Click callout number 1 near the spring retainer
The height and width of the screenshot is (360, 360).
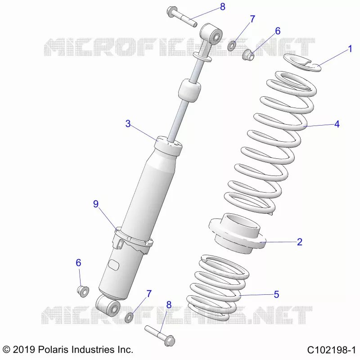(x=350, y=49)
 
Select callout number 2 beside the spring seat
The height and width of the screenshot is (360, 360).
(x=299, y=242)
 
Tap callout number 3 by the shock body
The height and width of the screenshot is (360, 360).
(x=128, y=124)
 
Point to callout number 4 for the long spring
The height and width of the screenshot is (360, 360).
(x=337, y=124)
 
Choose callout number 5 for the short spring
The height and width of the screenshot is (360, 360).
(x=276, y=294)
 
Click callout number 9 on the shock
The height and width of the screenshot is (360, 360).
(x=96, y=204)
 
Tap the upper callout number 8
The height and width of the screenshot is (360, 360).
(x=222, y=7)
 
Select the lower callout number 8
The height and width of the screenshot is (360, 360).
(x=169, y=305)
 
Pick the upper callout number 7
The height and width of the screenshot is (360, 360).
(x=252, y=19)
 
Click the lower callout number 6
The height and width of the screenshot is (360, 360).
(x=78, y=263)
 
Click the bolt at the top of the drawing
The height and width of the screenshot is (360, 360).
(x=182, y=17)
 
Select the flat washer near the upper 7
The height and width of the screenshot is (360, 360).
(x=231, y=46)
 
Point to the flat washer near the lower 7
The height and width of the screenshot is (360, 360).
(x=129, y=318)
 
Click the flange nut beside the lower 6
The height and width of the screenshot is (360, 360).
(x=83, y=291)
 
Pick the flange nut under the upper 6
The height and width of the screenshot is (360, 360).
(x=248, y=54)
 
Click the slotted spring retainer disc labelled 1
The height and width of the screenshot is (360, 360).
(x=301, y=63)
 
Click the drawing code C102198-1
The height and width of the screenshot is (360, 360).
(x=331, y=350)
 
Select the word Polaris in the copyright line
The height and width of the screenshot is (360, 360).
(x=53, y=350)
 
